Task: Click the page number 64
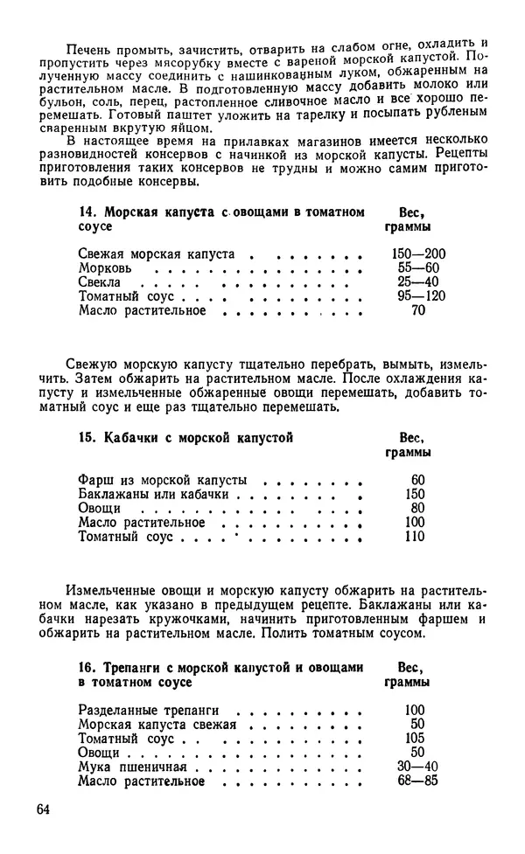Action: (x=45, y=809)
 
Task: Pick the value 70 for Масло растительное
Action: (x=417, y=310)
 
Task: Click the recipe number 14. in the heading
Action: (x=88, y=212)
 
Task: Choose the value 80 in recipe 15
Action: (x=416, y=508)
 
